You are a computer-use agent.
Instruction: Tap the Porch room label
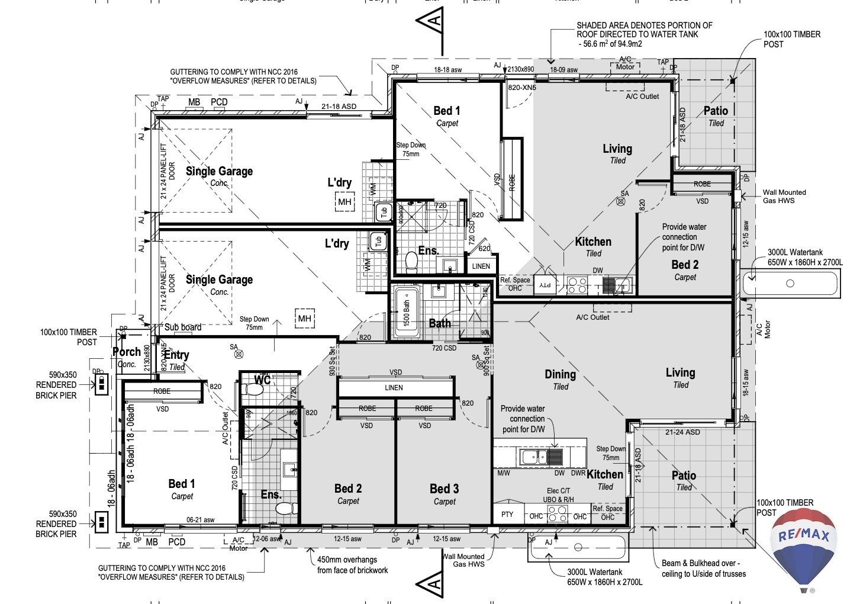pyautogui.click(x=127, y=352)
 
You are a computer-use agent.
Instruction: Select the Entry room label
pyautogui.click(x=176, y=355)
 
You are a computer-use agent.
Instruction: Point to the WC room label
pyautogui.click(x=262, y=380)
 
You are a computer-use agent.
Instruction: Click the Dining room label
pyautogui.click(x=560, y=374)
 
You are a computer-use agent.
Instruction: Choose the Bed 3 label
pyautogui.click(x=444, y=489)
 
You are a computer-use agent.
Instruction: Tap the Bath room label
pyautogui.click(x=440, y=323)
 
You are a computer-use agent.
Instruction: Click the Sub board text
pyautogui.click(x=182, y=327)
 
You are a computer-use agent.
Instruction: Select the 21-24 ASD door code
pyautogui.click(x=682, y=432)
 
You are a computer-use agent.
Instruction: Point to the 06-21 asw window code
pyautogui.click(x=201, y=520)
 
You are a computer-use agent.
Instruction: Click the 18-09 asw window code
pyautogui.click(x=563, y=70)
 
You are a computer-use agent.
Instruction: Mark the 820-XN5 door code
pyautogui.click(x=522, y=88)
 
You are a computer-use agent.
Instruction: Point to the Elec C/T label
pyautogui.click(x=558, y=491)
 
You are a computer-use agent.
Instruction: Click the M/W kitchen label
pyautogui.click(x=504, y=473)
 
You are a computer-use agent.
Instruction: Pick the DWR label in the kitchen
pyautogui.click(x=578, y=473)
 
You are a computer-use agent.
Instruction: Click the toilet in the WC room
pyautogui.click(x=254, y=389)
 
